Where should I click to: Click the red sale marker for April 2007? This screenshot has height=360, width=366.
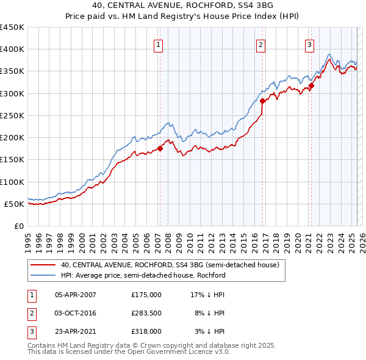(x=160, y=148)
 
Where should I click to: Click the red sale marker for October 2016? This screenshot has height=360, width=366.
(x=262, y=101)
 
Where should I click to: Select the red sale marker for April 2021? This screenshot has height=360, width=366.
(x=311, y=85)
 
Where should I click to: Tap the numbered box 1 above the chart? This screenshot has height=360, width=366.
(x=158, y=44)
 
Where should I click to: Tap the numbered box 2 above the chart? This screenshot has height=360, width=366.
(x=260, y=44)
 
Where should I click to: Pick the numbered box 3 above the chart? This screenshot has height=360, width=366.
(x=309, y=44)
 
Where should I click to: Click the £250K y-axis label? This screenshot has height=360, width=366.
(x=12, y=115)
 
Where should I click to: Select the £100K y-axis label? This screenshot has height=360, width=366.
(x=12, y=182)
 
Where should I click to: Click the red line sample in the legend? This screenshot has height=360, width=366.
(x=43, y=265)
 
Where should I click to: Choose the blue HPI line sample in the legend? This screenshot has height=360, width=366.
(x=43, y=275)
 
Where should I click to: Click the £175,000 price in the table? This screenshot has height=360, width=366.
(x=146, y=295)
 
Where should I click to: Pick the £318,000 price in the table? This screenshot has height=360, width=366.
(x=146, y=331)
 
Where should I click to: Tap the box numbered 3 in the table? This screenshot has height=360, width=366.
(x=30, y=331)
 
